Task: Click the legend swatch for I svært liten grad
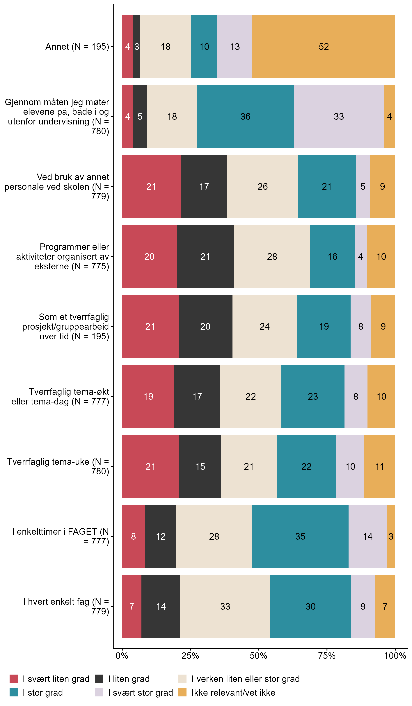point(13,679)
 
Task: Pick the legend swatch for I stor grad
point(13,693)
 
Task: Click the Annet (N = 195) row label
point(77,47)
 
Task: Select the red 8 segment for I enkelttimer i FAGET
point(133,536)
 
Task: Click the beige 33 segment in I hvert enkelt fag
point(225,606)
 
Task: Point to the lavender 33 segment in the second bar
point(339,117)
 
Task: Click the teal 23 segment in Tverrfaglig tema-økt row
point(313,396)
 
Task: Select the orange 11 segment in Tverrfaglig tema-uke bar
point(379,466)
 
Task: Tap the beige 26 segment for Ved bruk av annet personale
point(263,187)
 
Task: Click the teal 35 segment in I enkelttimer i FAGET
point(300,536)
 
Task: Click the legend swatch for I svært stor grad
point(99,693)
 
